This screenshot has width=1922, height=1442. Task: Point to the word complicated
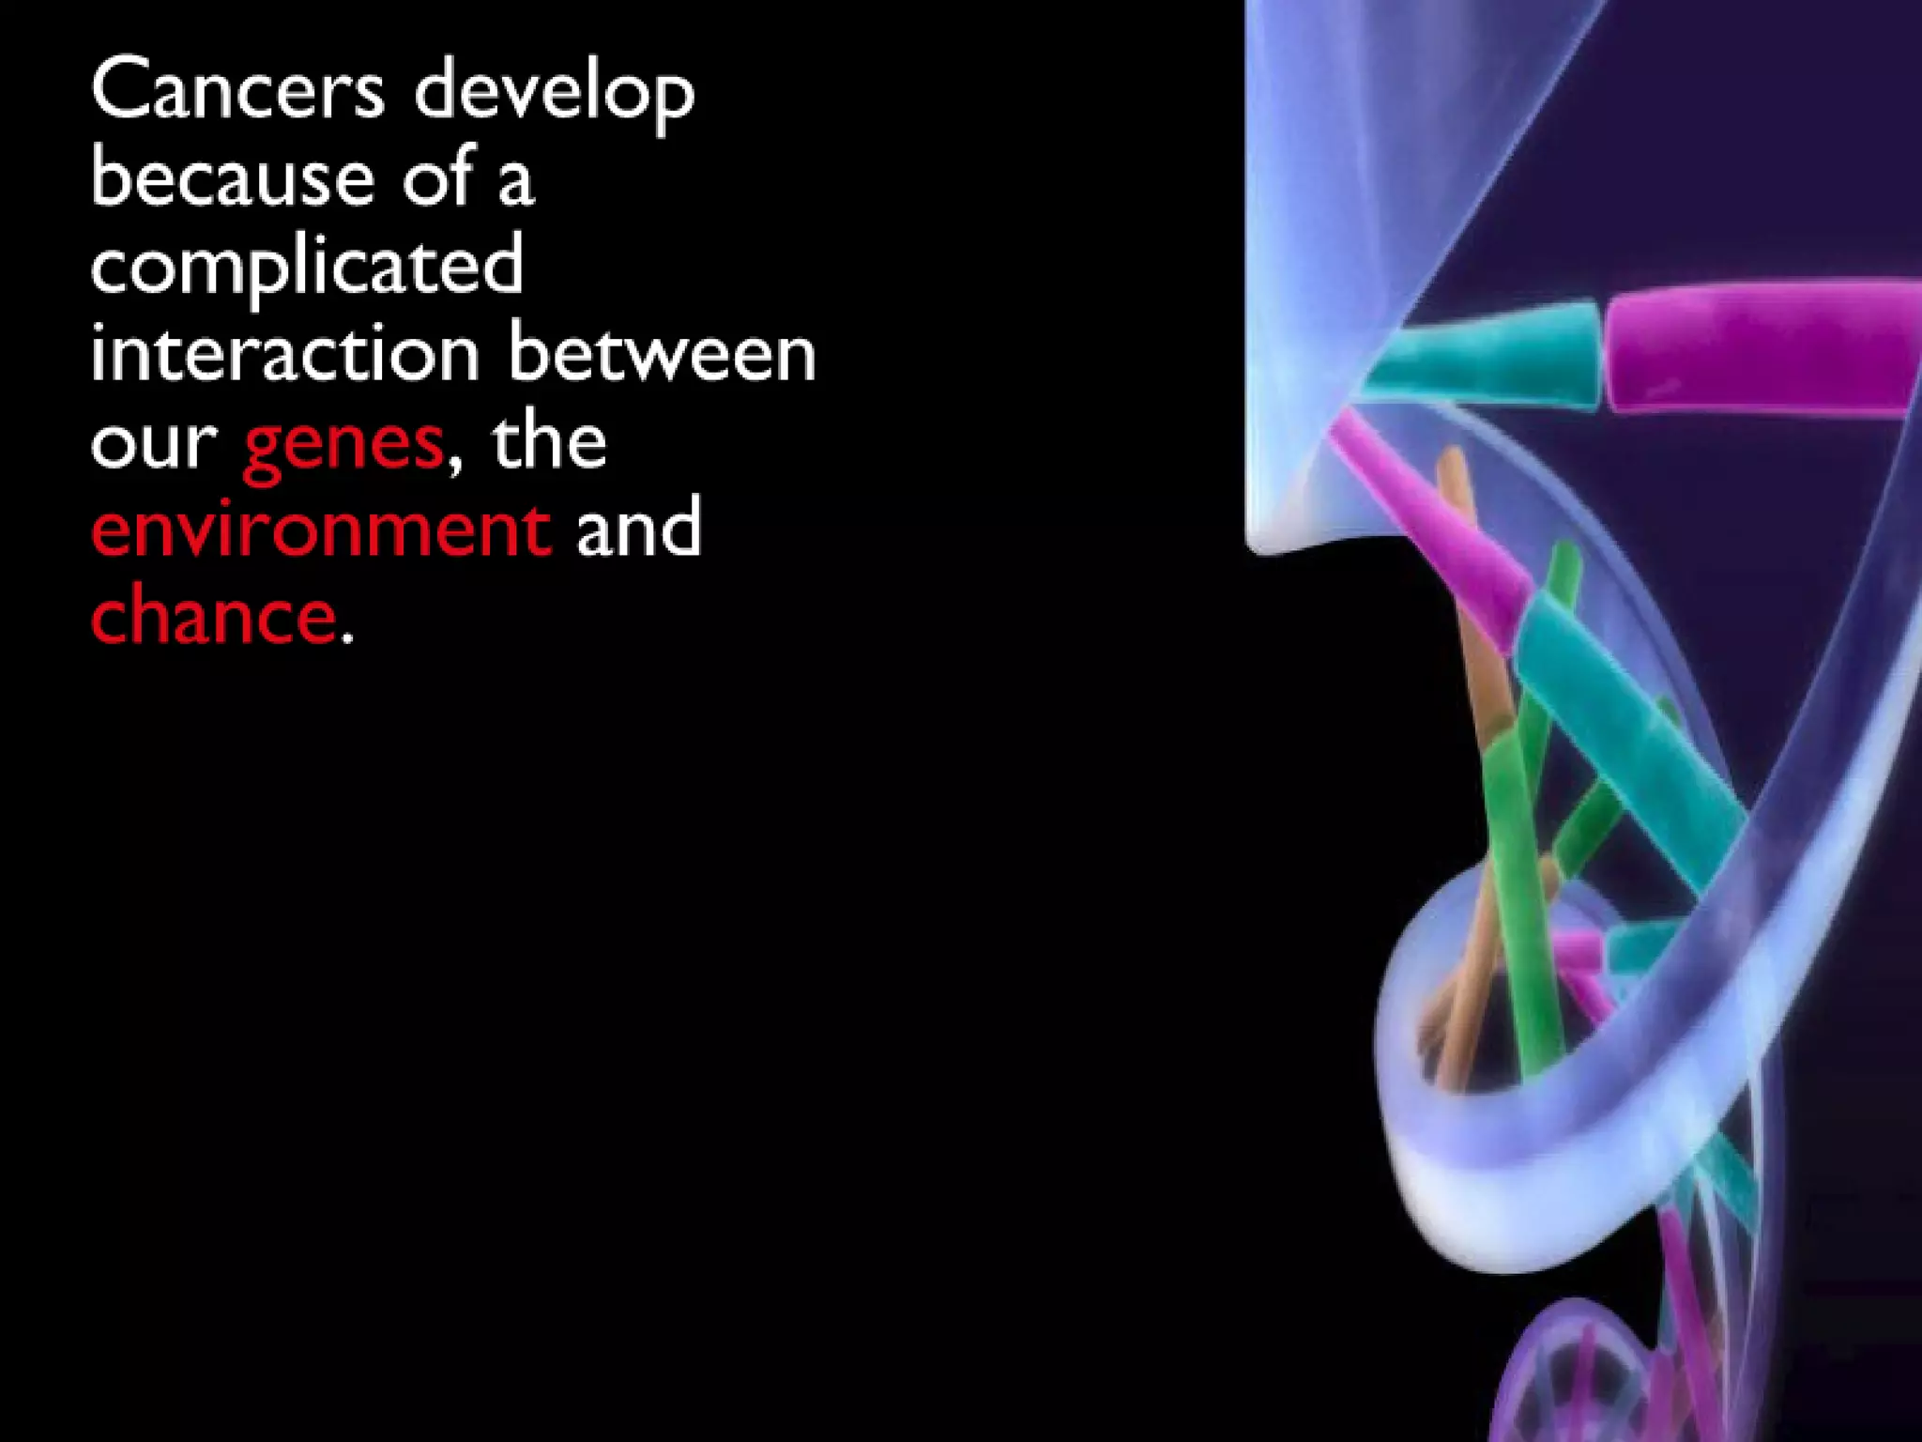tap(307, 267)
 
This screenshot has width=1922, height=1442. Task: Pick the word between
tap(662, 354)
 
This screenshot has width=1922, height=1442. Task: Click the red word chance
tap(213, 615)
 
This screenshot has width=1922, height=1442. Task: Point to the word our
tap(154, 444)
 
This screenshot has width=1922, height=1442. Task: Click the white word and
tap(638, 529)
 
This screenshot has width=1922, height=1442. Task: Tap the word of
tap(437, 177)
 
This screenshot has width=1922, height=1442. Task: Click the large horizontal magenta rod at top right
tap(1755, 347)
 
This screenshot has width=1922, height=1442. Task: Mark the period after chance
tap(347, 638)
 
